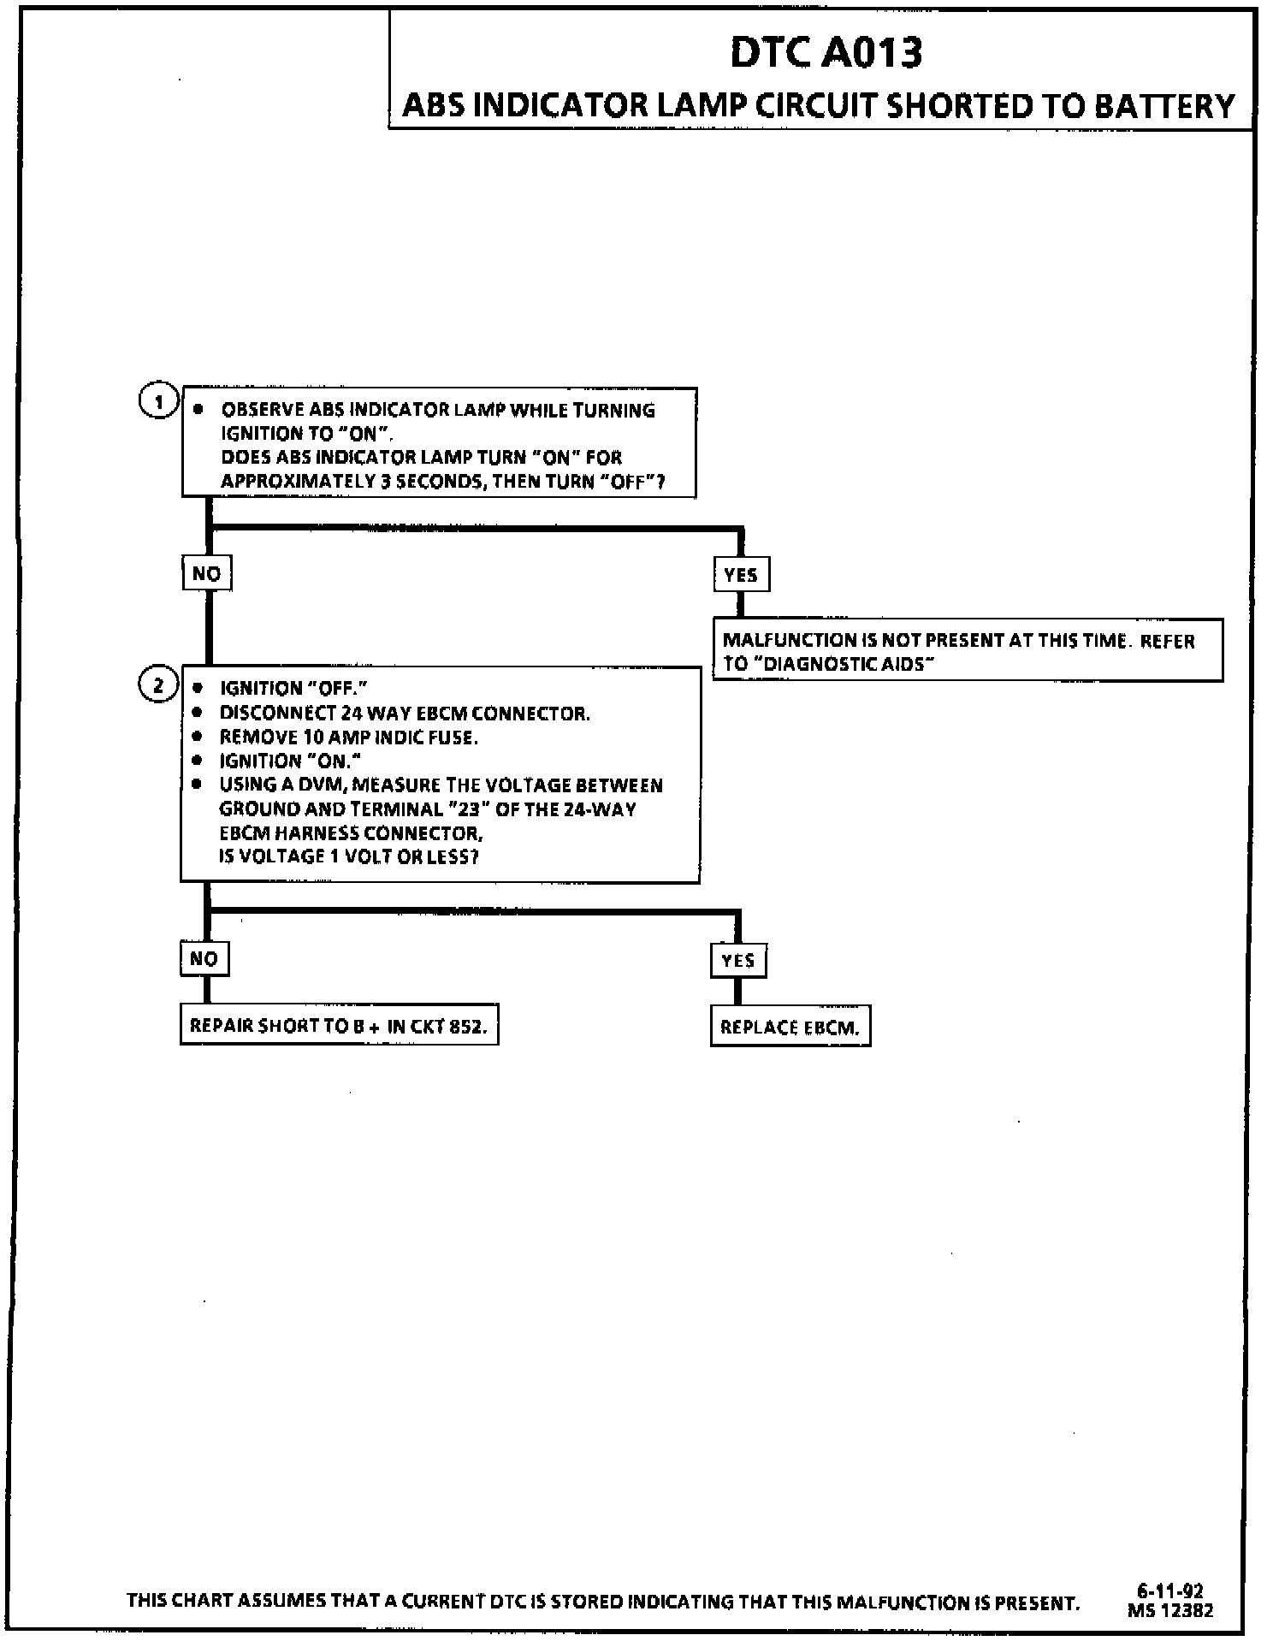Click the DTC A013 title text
[x=826, y=53]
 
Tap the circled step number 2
[x=158, y=684]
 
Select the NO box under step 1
[x=207, y=573]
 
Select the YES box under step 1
[x=741, y=574]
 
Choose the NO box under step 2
[x=204, y=958]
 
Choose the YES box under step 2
[x=738, y=960]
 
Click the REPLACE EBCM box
[x=790, y=1027]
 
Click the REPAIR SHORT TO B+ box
[x=339, y=1025]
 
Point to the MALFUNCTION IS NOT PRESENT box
[x=967, y=651]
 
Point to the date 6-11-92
[x=1169, y=1591]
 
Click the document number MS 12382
[x=1169, y=1609]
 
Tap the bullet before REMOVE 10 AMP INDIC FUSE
[x=198, y=737]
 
